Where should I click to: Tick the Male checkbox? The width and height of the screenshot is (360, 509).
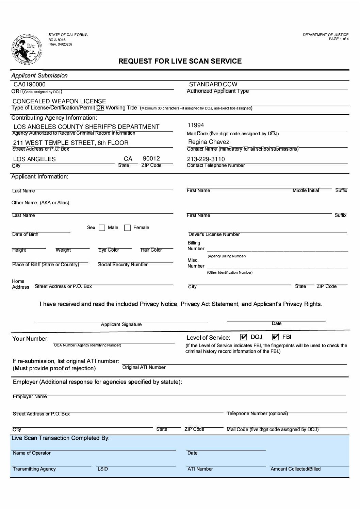tap(102, 228)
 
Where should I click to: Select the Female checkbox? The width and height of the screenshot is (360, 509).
tap(127, 228)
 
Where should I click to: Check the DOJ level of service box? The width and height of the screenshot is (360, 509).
tap(243, 337)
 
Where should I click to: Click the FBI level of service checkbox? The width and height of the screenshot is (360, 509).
tap(276, 337)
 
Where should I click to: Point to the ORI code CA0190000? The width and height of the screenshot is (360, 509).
tap(29, 84)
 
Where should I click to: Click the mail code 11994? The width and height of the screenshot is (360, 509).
tap(196, 125)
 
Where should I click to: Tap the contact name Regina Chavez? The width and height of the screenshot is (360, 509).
tap(209, 142)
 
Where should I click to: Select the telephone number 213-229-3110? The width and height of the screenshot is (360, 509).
tap(206, 159)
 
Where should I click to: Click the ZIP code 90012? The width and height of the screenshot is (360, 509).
tap(151, 158)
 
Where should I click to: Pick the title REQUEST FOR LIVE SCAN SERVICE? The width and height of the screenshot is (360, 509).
tap(180, 61)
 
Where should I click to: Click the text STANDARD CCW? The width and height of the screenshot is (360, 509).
tap(213, 84)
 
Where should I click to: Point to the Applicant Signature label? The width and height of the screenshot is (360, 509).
tap(121, 324)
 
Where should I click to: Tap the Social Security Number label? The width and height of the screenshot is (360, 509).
tap(123, 265)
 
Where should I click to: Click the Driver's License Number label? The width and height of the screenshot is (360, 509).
tap(214, 234)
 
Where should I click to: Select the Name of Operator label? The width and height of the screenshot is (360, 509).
tap(32, 453)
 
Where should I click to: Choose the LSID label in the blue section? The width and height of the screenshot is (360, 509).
tap(102, 469)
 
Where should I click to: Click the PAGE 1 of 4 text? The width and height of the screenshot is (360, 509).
tap(339, 39)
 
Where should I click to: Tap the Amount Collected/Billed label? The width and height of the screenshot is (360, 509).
tap(295, 469)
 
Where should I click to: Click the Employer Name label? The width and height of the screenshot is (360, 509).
tap(30, 396)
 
